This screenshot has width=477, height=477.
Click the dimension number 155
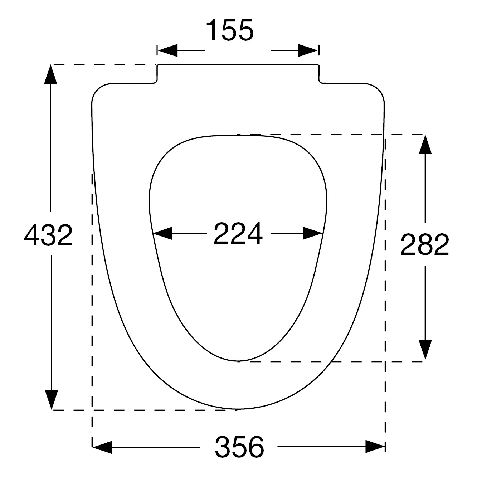click(230, 30)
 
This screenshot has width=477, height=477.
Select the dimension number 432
click(48, 235)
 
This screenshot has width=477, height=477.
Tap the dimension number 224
click(238, 233)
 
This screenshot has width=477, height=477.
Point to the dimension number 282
click(425, 245)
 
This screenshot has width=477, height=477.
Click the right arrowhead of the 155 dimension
click(308, 50)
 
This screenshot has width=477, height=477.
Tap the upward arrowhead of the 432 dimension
click(50, 74)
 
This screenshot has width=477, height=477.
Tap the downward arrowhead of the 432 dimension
click(51, 400)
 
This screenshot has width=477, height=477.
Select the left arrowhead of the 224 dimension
click(162, 233)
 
